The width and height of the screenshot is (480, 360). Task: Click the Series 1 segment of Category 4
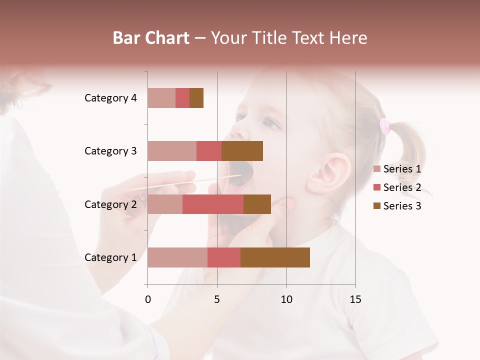coord(161,98)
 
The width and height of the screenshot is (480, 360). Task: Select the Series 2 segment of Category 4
coord(182,98)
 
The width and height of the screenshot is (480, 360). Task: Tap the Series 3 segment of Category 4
coord(196,98)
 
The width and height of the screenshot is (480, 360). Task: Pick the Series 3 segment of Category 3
coord(242,151)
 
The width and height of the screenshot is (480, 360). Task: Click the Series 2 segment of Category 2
coord(213,204)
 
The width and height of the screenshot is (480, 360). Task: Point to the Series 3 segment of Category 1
coord(275,257)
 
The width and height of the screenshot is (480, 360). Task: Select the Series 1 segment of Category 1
coord(177,257)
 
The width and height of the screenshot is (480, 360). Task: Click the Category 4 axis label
coord(110,98)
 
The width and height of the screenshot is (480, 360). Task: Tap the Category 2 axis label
coord(110,204)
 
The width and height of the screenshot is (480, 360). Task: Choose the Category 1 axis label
coord(110,257)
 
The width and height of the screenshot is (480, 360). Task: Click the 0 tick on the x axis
coord(148,299)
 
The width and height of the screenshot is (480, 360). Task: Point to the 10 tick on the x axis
coord(286,299)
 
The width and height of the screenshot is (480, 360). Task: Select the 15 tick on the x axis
coord(355,299)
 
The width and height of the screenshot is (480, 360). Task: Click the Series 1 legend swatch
coord(376,169)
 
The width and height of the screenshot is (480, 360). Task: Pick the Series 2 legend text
coord(402,187)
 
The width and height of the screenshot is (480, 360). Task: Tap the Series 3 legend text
coord(402,206)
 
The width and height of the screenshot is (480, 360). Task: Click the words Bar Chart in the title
coord(151,38)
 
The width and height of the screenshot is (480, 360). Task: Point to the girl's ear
coord(327,172)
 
